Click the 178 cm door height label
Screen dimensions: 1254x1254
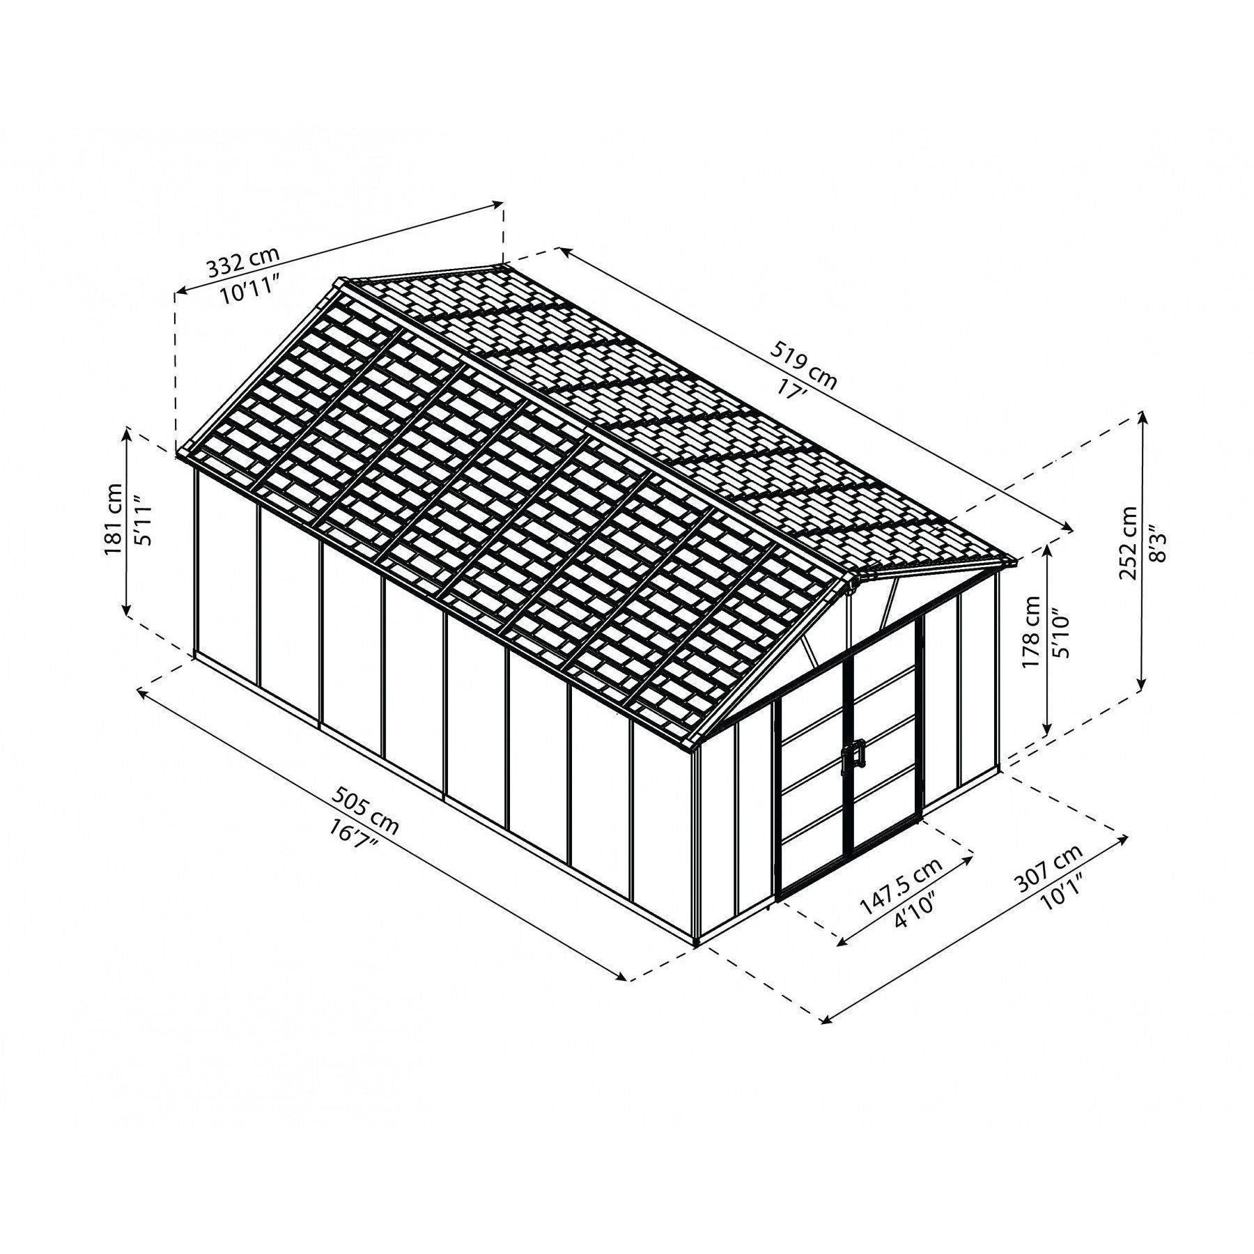(x=1032, y=631)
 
